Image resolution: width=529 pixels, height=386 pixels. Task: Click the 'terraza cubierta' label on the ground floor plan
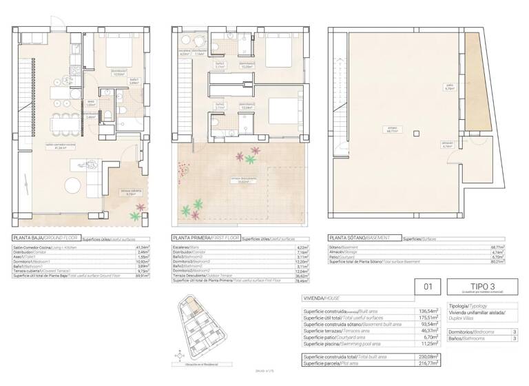click(131, 192)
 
